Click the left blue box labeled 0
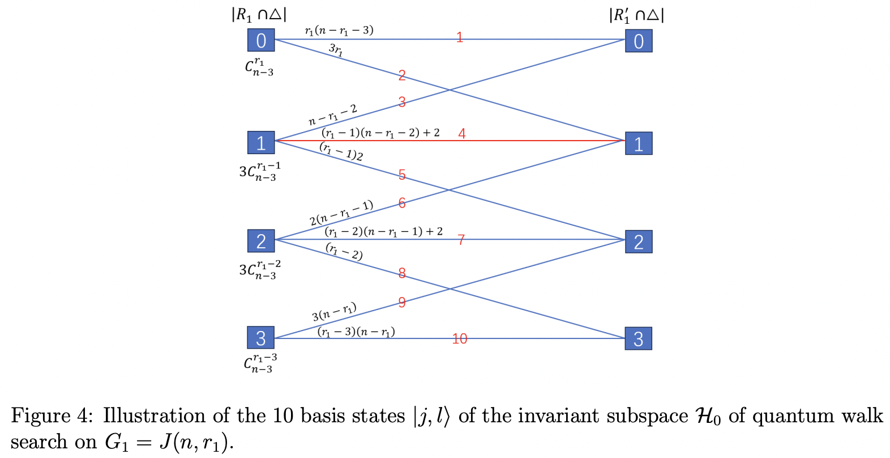coord(261,40)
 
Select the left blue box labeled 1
coord(261,143)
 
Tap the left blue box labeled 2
coord(261,241)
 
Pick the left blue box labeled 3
coord(261,338)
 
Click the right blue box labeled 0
coord(639,41)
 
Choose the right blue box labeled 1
coord(639,143)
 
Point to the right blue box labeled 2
coord(639,241)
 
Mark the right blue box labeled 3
coord(639,338)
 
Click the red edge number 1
coord(460,37)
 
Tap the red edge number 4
coord(462,134)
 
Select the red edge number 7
coord(461,240)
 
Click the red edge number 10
coord(460,339)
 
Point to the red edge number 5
coord(402,175)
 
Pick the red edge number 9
coord(402,302)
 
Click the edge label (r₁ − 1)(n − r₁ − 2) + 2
coord(380,133)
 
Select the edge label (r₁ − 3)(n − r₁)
coord(356,332)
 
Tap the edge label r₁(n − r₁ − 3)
coord(339,30)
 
